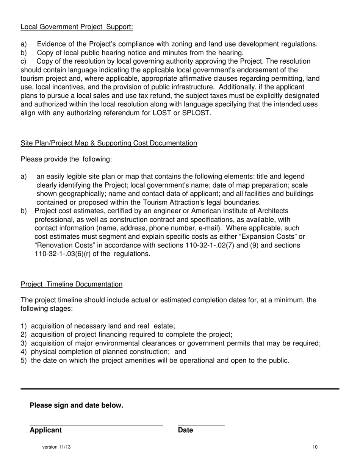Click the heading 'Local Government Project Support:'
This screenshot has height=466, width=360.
tap(77, 27)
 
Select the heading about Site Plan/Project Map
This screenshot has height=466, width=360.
tap(109, 143)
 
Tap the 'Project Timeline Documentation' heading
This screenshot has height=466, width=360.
tap(72, 284)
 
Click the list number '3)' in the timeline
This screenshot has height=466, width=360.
tap(24, 344)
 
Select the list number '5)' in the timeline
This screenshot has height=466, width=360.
tap(24, 361)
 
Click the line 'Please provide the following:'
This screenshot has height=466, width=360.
tap(66, 160)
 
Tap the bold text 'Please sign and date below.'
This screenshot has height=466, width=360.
tap(77, 405)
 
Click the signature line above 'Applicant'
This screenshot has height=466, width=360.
tap(96, 426)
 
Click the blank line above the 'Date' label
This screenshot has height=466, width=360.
tap(201, 426)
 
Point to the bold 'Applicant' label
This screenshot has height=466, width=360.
tap(45, 430)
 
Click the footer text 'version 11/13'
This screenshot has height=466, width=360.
tap(56, 447)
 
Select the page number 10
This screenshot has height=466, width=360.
tap(315, 447)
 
